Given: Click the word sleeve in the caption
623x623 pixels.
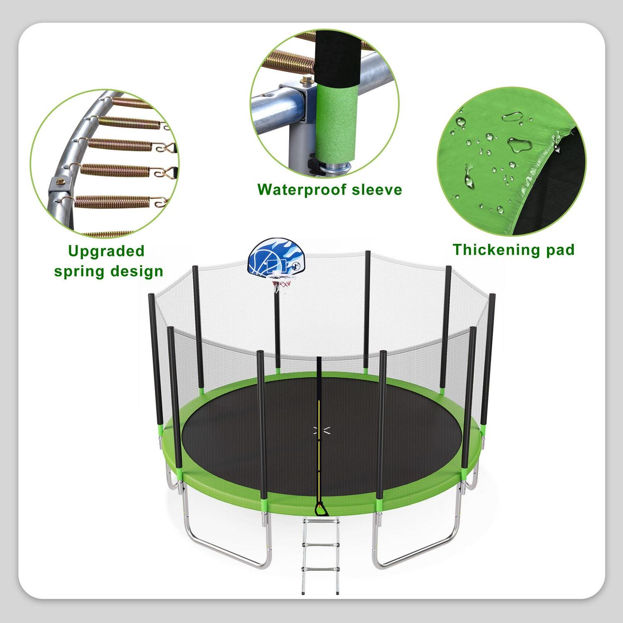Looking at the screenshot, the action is click(377, 190).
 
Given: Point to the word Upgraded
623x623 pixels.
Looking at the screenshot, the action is click(106, 251).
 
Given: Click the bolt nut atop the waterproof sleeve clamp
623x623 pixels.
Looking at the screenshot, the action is click(307, 79).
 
